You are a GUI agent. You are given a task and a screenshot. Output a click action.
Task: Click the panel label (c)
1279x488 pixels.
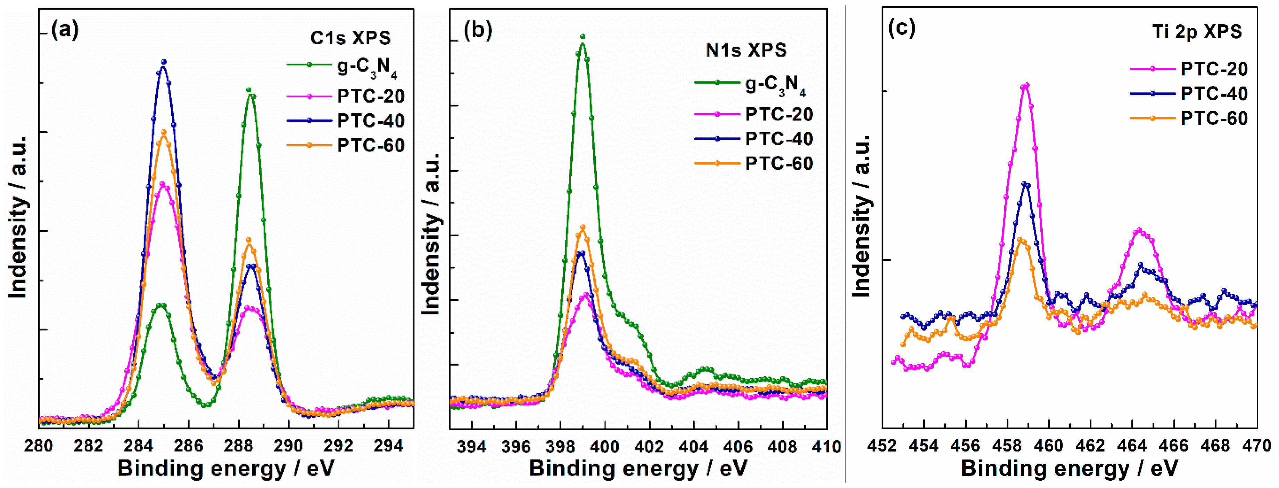pos(902,27)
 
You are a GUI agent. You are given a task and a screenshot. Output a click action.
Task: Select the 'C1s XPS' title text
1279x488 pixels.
pos(350,38)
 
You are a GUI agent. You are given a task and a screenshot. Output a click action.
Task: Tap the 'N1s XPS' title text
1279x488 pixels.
pos(746,50)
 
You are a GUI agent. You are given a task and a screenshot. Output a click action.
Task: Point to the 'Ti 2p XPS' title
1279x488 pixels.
pos(1197,32)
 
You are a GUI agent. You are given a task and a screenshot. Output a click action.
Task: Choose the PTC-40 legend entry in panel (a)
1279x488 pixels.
pos(346,120)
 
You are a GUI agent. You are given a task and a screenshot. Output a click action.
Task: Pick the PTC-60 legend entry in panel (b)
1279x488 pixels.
pos(754,163)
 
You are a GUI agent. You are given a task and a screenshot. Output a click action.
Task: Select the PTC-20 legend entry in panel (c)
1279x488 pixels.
pos(1189,68)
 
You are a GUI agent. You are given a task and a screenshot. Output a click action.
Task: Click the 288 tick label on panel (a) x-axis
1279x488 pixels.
pos(238,445)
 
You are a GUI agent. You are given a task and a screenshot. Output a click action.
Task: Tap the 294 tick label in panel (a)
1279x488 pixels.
pos(388,445)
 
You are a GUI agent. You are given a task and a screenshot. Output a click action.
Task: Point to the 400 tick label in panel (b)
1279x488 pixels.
pos(605,446)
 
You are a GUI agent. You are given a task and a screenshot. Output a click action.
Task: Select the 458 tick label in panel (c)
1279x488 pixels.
pos(1007,445)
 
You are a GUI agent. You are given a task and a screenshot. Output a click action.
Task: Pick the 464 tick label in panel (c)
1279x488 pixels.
pos(1132,445)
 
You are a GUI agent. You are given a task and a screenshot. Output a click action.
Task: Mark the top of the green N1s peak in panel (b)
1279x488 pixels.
pos(583,36)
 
